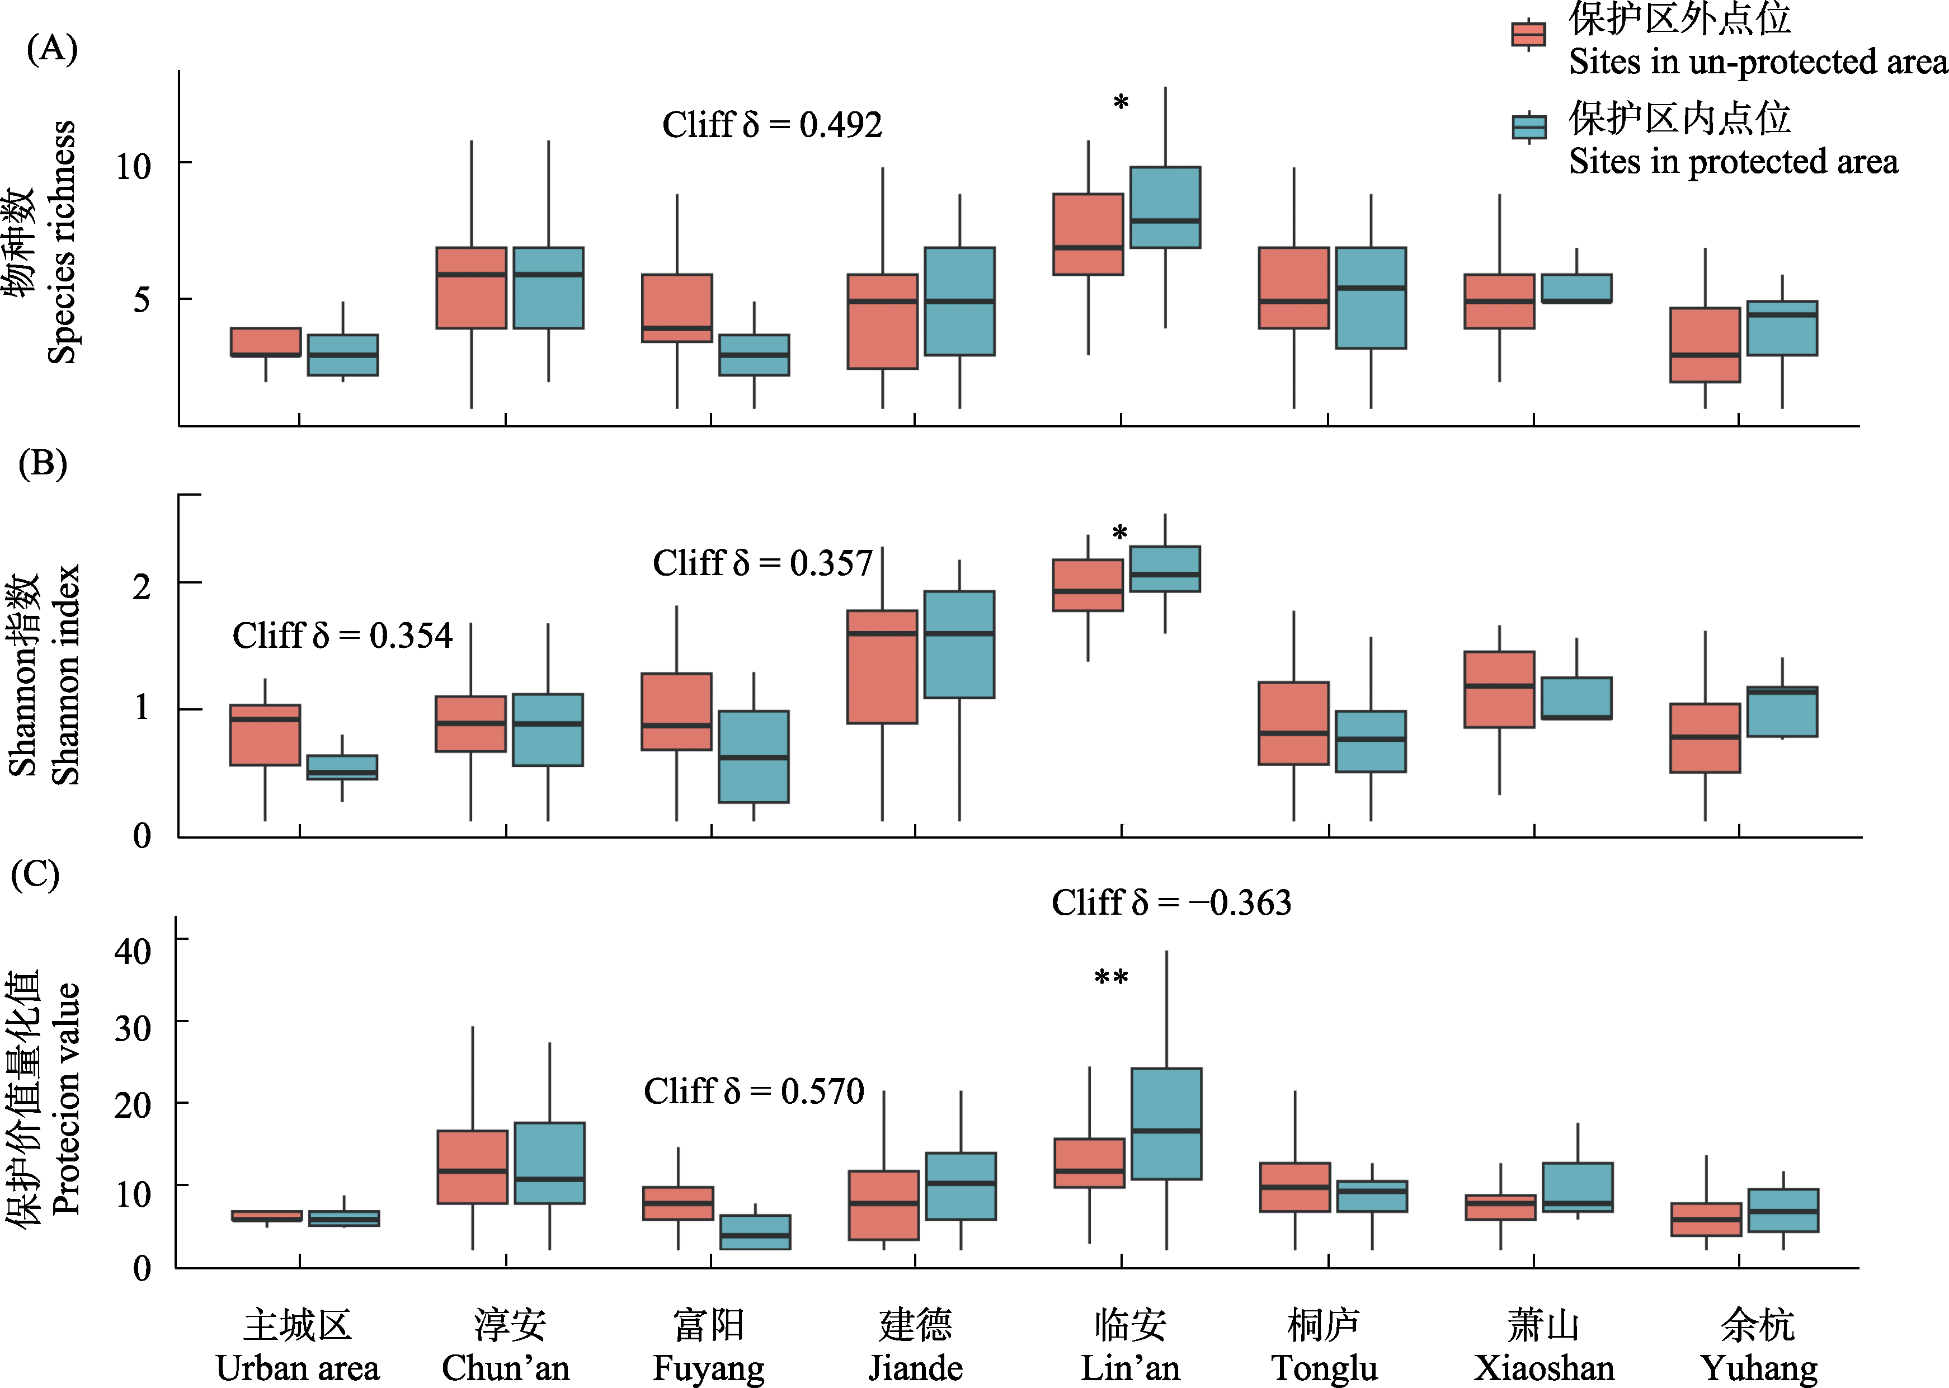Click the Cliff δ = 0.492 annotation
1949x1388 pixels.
click(771, 125)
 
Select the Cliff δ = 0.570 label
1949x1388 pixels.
click(754, 1091)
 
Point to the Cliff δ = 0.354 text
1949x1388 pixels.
click(342, 636)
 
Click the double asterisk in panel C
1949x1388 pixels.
click(1111, 977)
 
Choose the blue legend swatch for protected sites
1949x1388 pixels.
click(1529, 126)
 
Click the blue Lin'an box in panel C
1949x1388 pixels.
click(1166, 1124)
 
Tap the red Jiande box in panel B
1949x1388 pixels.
click(882, 667)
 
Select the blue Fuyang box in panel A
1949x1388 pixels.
click(754, 355)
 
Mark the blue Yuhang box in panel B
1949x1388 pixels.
click(1782, 711)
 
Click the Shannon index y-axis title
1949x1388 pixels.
click(64, 675)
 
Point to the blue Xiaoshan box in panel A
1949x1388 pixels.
click(1576, 288)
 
